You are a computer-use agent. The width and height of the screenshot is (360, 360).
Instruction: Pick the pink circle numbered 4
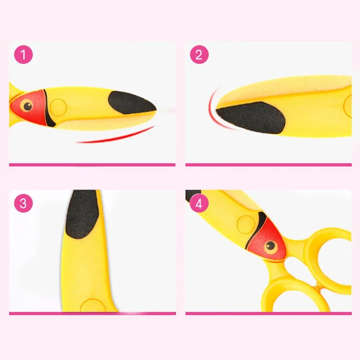pos(199,203)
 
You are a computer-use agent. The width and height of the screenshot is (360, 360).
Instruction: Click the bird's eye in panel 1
pos(28,107)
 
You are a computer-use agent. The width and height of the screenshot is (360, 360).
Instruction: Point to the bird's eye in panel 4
pos(270,245)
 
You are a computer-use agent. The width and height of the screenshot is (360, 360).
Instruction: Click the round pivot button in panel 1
pos(58,107)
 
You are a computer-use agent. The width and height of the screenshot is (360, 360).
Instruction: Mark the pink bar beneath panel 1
pos(92,165)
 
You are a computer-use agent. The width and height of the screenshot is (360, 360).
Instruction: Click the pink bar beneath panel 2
pos(268,165)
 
